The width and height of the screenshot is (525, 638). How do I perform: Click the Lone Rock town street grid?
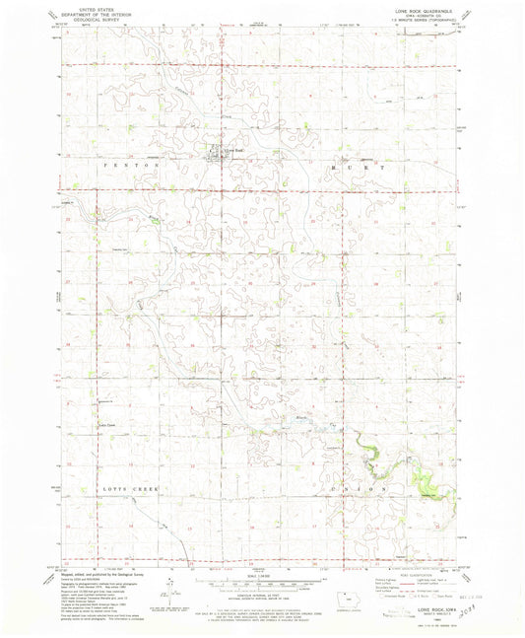coord(216,153)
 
